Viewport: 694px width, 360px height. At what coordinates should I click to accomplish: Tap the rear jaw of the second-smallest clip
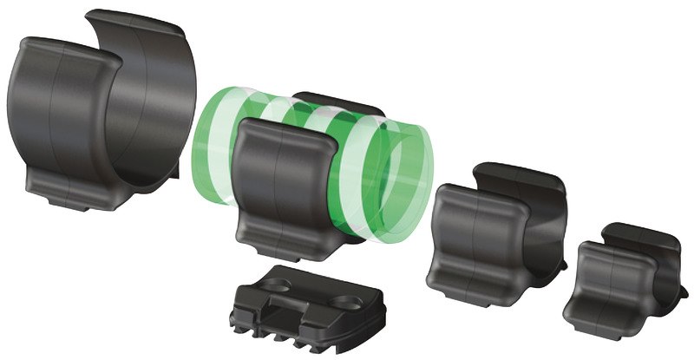pos(520,187)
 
